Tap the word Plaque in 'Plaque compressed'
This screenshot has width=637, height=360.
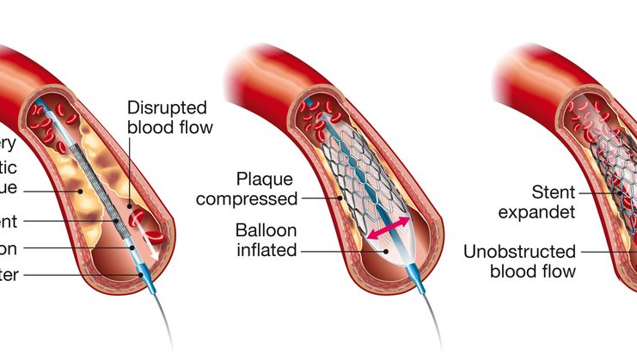tap(262, 179)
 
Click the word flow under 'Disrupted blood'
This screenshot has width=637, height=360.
tap(193, 129)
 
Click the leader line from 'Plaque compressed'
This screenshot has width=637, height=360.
tap(318, 198)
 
